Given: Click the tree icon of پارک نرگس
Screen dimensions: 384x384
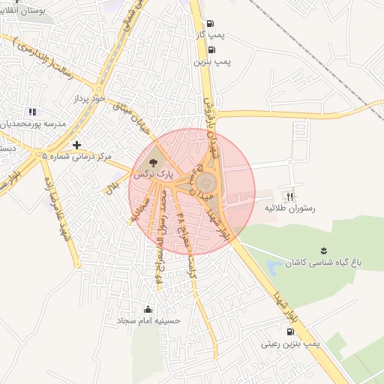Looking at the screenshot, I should tap(153, 160).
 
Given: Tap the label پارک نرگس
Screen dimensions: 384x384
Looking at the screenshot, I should tap(153, 173).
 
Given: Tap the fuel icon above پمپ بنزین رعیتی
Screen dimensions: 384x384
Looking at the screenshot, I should tap(290, 331).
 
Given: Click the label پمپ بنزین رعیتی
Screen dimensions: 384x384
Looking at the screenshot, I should tap(290, 344).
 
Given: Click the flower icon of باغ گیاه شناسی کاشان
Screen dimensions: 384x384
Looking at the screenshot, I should tap(323, 249).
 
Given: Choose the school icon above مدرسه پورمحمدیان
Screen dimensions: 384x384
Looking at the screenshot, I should tap(31, 112).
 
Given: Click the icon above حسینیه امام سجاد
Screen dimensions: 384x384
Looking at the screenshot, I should tap(148, 308).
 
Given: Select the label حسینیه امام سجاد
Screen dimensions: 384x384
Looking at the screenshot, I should tap(148, 320).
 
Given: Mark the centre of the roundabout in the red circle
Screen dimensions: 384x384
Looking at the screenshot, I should tap(205, 181).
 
